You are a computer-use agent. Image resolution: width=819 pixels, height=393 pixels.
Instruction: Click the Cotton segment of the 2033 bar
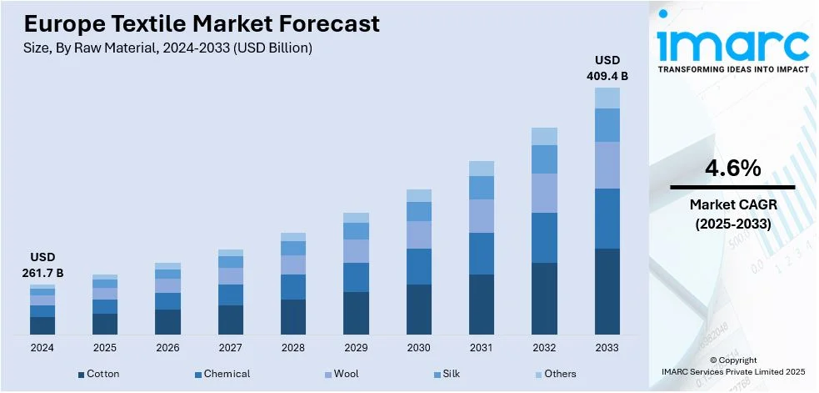(607, 291)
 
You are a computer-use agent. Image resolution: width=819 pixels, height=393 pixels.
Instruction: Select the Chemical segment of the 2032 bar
(544, 238)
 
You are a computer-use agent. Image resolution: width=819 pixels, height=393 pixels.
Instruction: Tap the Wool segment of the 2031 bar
(482, 215)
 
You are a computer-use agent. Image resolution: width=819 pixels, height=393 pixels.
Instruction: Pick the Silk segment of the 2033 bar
(607, 125)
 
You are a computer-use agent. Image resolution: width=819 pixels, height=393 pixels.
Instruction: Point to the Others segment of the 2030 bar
(419, 195)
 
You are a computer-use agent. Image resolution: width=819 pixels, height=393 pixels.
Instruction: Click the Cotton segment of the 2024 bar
(42, 325)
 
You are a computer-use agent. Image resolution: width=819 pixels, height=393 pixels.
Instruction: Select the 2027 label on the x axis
(231, 346)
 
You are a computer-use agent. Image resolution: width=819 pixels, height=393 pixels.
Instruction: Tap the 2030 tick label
(419, 346)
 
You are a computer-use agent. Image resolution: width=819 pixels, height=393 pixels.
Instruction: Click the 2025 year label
(105, 346)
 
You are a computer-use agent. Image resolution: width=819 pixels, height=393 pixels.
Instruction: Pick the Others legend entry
(558, 374)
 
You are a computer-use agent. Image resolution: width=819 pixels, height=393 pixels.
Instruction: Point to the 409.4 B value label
(607, 76)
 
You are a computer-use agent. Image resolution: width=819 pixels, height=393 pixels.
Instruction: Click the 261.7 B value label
(42, 273)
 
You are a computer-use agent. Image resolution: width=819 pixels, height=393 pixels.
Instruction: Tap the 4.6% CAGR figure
(732, 169)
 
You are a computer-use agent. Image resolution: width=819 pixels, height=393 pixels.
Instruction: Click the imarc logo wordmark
(732, 43)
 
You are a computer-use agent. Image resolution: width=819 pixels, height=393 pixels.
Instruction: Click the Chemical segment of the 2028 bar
(293, 286)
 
